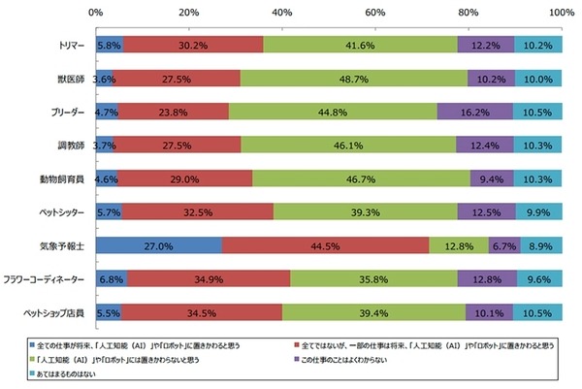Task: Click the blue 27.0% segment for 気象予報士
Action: click(158, 245)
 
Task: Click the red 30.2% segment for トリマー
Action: click(192, 45)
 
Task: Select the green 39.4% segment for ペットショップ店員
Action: click(373, 312)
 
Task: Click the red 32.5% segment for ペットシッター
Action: click(197, 212)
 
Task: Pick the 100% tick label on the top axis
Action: click(560, 13)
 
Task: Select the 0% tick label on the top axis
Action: click(95, 13)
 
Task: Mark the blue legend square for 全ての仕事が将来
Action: click(32, 344)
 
